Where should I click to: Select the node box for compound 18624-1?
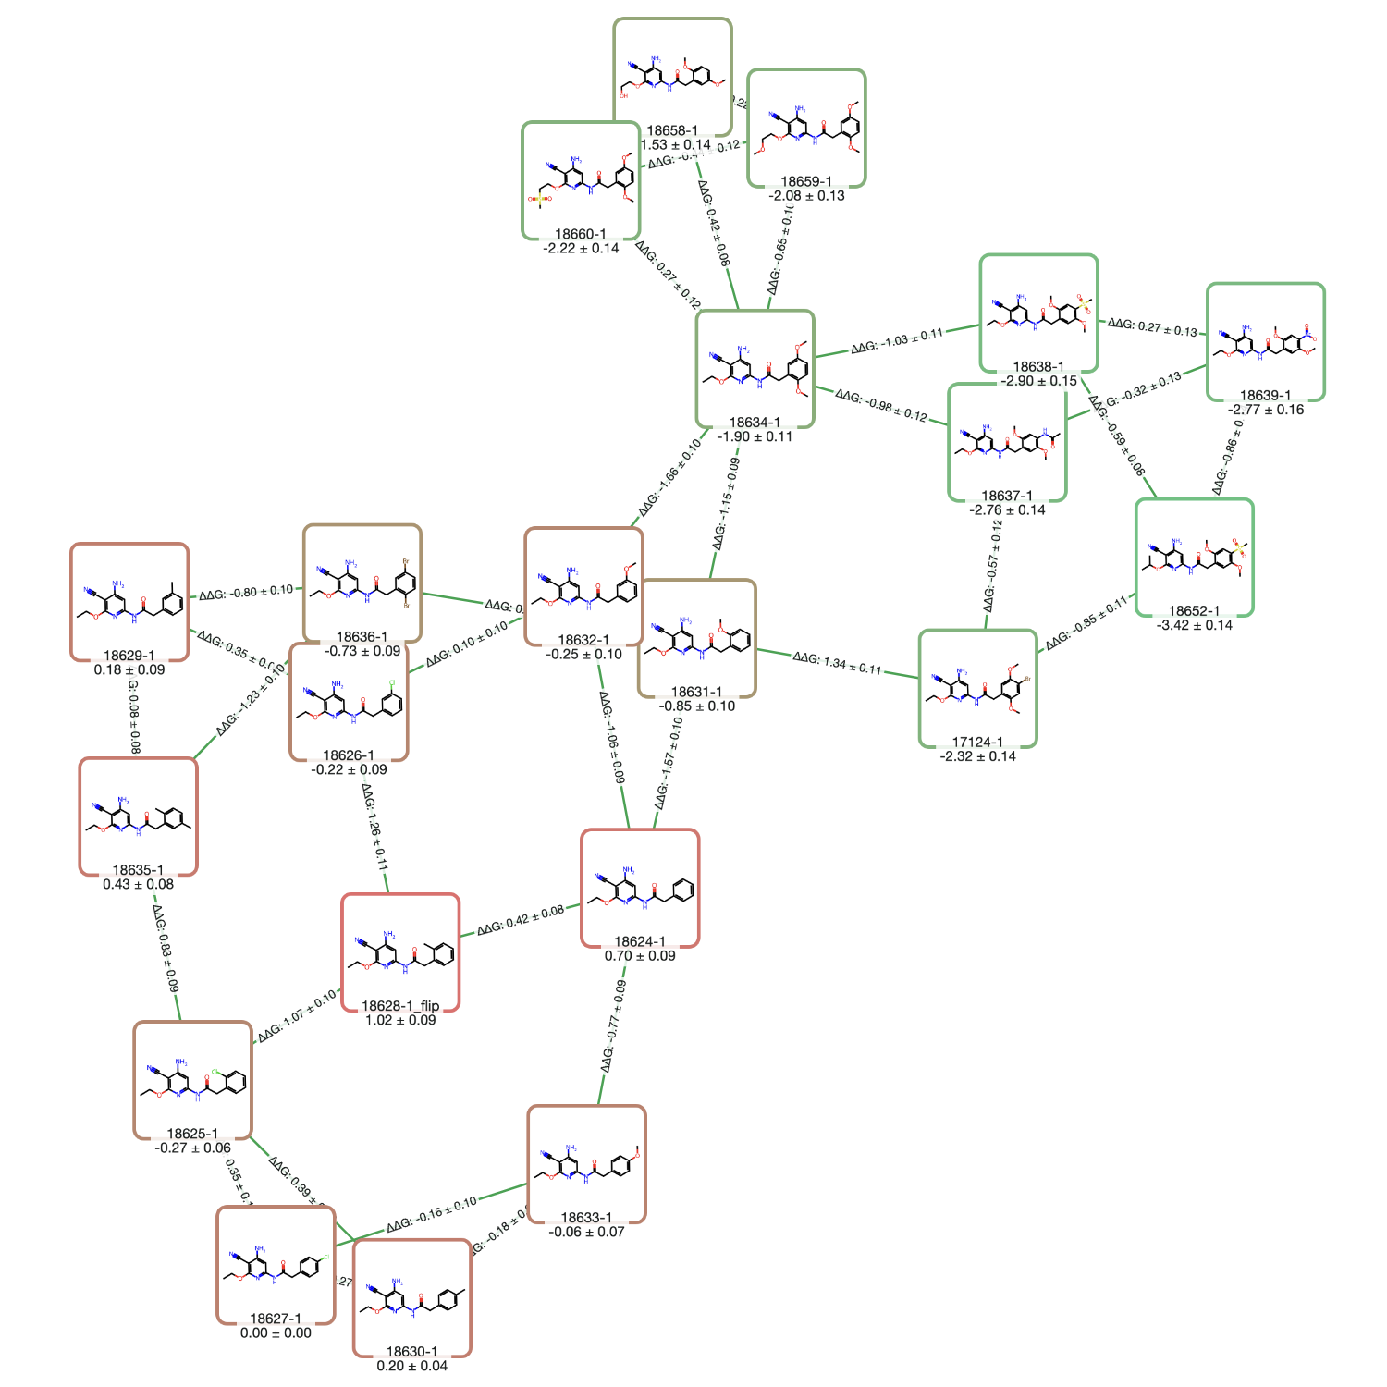(640, 888)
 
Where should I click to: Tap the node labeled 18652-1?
(1194, 557)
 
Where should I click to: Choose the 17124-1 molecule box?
(977, 688)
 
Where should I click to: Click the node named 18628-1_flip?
(400, 952)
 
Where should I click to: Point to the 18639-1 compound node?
(1265, 341)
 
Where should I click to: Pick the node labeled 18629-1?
(129, 602)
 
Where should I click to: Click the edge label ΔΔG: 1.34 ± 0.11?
(837, 663)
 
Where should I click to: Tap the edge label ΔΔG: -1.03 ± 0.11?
(897, 340)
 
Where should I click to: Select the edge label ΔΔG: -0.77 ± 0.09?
(613, 1026)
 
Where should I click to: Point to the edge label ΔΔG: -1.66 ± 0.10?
(669, 477)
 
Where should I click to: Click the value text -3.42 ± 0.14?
(1194, 625)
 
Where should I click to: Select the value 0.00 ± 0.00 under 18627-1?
(276, 1332)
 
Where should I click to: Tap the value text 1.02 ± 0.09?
(400, 1020)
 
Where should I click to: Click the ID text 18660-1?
(581, 234)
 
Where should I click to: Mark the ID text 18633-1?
(586, 1218)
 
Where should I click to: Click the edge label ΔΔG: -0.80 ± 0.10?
(246, 592)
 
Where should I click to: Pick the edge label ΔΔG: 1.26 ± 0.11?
(374, 828)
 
